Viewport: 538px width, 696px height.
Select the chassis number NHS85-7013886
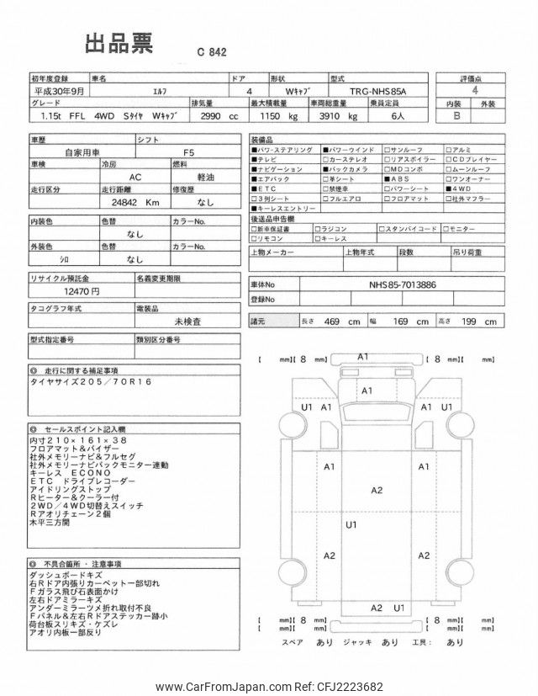coord(402,284)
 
